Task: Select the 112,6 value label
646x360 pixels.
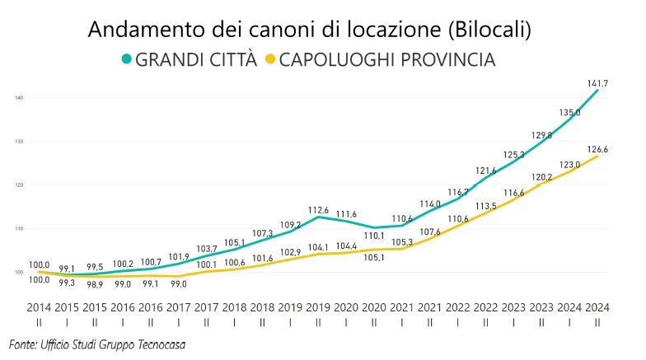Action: coord(318,210)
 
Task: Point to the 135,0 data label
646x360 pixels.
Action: coord(569,113)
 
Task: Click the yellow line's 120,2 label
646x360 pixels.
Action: coord(541,177)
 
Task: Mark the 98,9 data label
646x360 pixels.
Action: coord(95,283)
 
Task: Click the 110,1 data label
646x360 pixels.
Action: coord(374,236)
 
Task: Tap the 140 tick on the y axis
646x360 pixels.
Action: coord(18,98)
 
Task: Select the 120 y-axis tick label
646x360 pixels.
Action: coord(18,185)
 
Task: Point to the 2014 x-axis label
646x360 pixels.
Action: coord(39,307)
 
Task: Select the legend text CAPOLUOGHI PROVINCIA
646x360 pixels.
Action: coord(389,59)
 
